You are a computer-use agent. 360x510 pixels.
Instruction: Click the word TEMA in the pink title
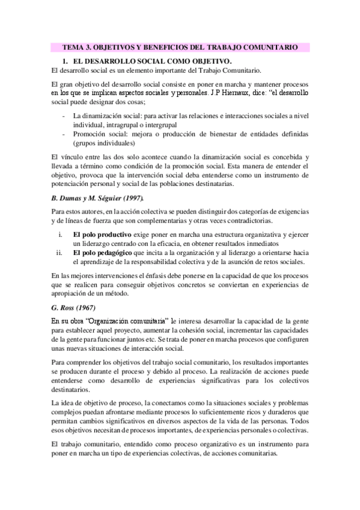coord(75,47)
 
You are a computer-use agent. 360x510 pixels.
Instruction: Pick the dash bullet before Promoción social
coord(64,133)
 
